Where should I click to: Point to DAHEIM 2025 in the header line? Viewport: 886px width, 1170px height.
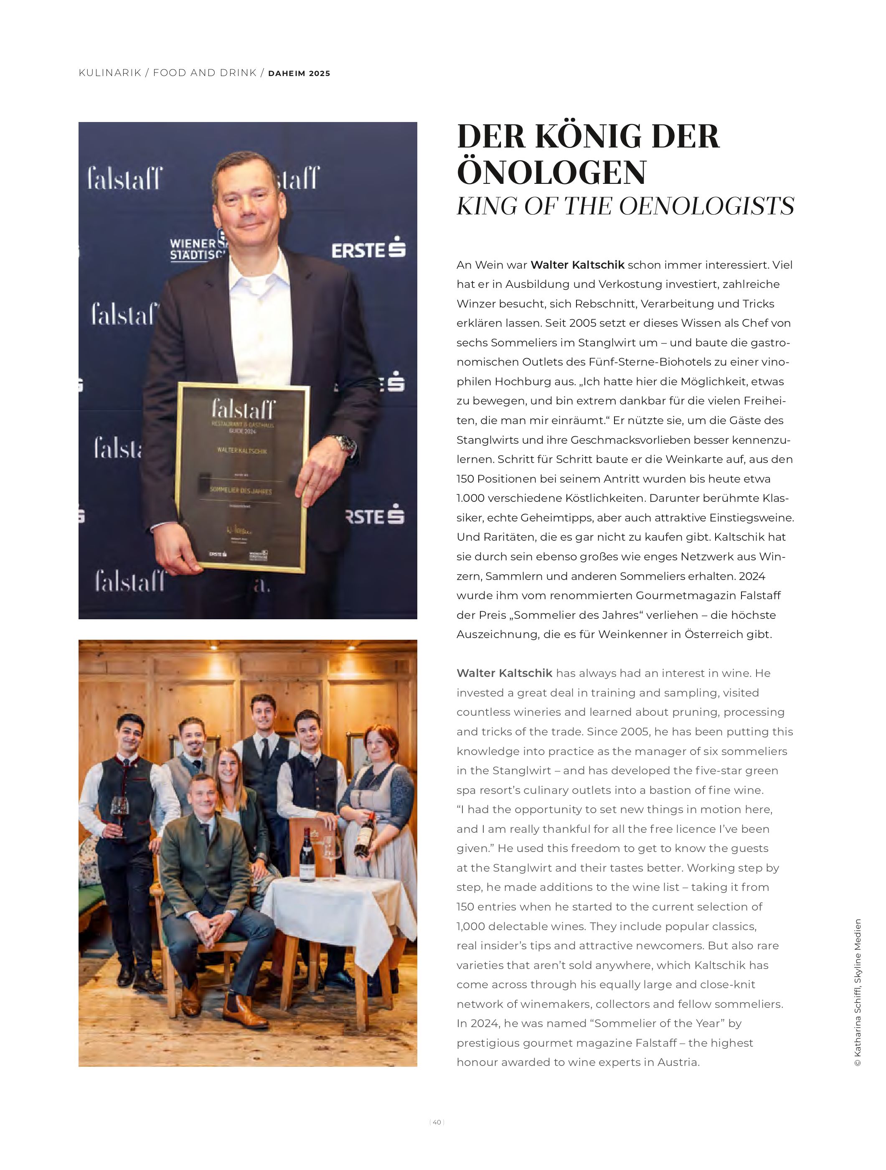tap(299, 74)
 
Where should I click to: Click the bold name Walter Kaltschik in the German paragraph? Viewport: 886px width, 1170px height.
tap(577, 265)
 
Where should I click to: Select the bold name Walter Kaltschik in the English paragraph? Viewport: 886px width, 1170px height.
tap(504, 673)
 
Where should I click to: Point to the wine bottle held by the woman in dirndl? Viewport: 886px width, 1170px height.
tap(365, 834)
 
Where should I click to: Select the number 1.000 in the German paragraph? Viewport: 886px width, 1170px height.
tap(472, 498)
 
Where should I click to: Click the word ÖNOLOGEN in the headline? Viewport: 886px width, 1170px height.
tap(551, 173)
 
